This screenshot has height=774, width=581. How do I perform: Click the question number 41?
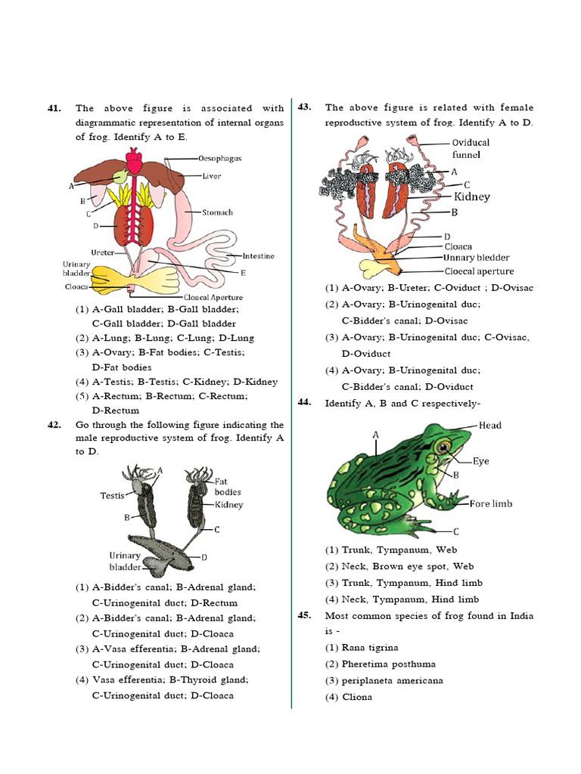click(x=54, y=109)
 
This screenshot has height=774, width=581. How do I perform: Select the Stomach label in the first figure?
click(x=217, y=212)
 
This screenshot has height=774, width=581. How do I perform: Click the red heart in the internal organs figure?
click(x=134, y=162)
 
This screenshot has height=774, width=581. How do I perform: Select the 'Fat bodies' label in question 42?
click(x=228, y=487)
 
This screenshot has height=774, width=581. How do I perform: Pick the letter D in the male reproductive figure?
click(x=204, y=557)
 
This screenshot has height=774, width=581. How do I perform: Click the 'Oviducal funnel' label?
click(x=471, y=148)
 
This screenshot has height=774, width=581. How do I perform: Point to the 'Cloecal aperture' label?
click(x=479, y=271)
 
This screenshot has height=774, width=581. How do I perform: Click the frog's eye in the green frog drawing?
click(x=442, y=447)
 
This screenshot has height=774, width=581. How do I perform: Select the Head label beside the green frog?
click(x=489, y=426)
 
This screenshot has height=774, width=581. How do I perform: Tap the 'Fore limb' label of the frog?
click(x=491, y=503)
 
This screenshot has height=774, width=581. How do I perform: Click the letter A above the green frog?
click(x=375, y=435)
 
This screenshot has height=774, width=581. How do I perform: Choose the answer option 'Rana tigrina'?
click(x=370, y=648)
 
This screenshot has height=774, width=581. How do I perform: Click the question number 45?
click(x=306, y=615)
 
